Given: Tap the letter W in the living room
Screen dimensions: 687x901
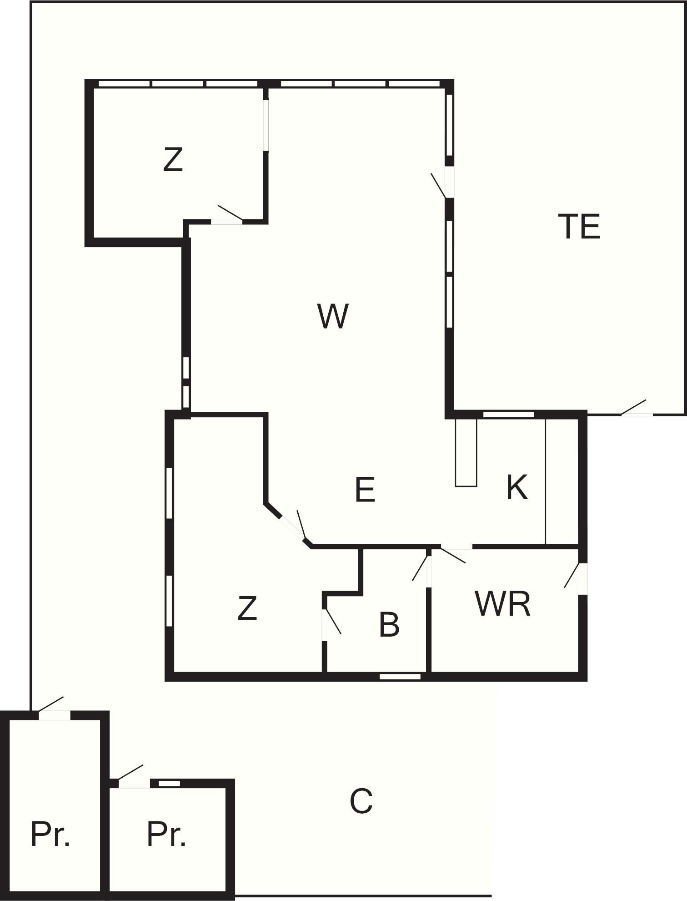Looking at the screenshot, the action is click(x=333, y=316).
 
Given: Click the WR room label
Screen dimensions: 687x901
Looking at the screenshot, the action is click(x=502, y=604).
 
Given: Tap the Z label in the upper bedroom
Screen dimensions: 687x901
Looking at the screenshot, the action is click(x=173, y=159).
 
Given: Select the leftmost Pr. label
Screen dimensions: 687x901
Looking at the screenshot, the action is click(x=50, y=835).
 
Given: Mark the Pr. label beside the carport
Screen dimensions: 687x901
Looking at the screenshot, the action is click(x=166, y=835).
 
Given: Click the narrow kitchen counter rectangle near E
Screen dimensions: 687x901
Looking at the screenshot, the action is click(x=466, y=452).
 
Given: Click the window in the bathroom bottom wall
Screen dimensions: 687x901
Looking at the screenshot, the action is click(x=400, y=677).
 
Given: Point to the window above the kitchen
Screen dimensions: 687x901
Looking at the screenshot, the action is click(x=508, y=415).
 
